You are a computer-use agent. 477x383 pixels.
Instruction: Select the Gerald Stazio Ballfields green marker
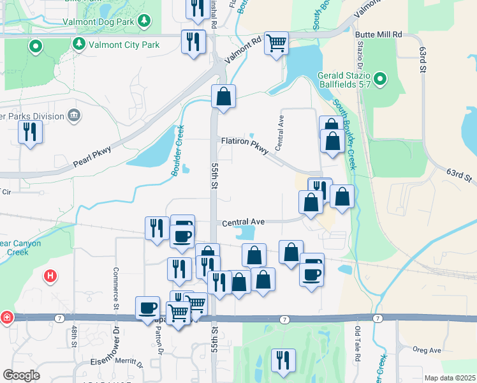click(x=380, y=79)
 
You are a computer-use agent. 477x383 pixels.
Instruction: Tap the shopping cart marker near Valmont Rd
click(x=276, y=43)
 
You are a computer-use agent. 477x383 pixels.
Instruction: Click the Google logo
click(x=21, y=375)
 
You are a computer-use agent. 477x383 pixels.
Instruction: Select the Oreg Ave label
click(x=427, y=350)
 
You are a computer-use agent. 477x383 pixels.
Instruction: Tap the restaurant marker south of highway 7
click(x=283, y=360)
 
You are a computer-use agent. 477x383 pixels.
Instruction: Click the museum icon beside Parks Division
click(x=74, y=116)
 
